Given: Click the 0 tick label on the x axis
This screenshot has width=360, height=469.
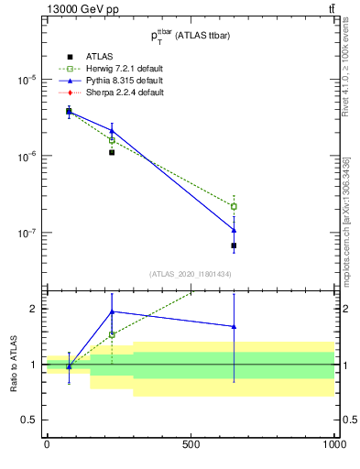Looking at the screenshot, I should click(x=47, y=444).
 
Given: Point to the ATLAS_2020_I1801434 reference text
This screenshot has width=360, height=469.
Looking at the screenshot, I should click(x=190, y=274).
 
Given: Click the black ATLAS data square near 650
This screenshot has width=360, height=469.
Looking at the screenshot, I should click(x=235, y=245).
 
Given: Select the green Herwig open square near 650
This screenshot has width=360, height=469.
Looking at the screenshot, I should click(x=235, y=206).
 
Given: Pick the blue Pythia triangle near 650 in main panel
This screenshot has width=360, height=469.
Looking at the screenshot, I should click(x=235, y=229).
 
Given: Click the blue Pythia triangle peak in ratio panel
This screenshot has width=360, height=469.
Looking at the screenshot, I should click(x=112, y=311).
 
